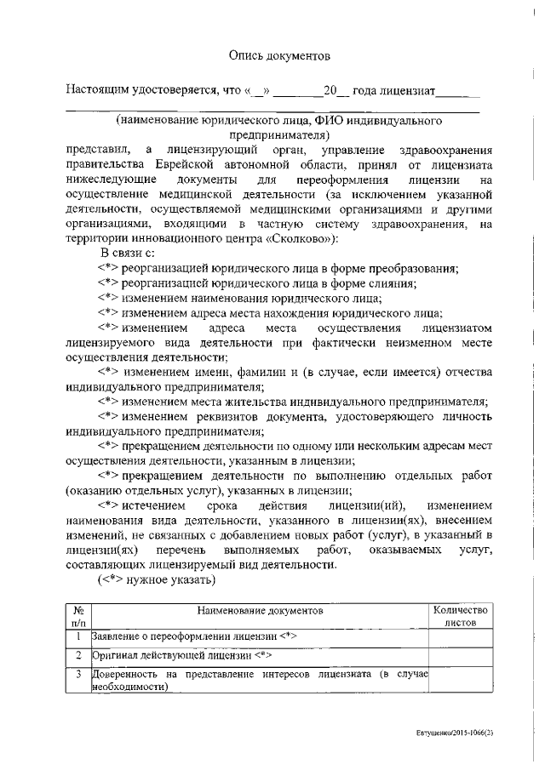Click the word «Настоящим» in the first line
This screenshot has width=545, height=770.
(x=101, y=90)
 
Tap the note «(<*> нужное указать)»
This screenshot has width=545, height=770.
(x=156, y=581)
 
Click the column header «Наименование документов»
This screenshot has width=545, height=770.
(x=260, y=611)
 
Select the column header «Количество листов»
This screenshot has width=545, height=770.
(x=460, y=617)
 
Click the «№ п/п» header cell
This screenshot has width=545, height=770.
(x=78, y=617)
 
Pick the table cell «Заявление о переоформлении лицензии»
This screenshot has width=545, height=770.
(x=193, y=637)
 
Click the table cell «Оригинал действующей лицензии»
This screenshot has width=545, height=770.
(x=181, y=656)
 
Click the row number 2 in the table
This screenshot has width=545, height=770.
(x=78, y=656)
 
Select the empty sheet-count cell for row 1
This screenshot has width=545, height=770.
(x=460, y=637)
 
